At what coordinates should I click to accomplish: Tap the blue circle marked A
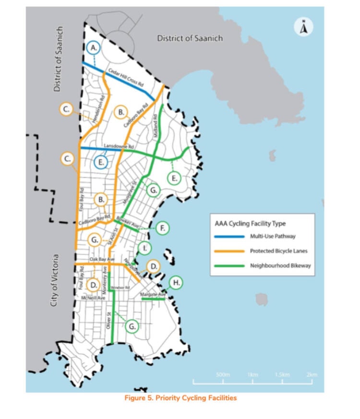95,48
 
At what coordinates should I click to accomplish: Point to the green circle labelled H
177,283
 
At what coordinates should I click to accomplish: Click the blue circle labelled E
101,162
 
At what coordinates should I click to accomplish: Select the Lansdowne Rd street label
118,145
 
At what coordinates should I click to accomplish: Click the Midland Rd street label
155,126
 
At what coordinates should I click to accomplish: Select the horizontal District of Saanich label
190,38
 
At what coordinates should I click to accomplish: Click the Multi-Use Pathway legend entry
272,236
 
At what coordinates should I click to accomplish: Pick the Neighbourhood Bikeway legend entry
276,265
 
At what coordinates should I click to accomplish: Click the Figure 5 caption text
180,398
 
